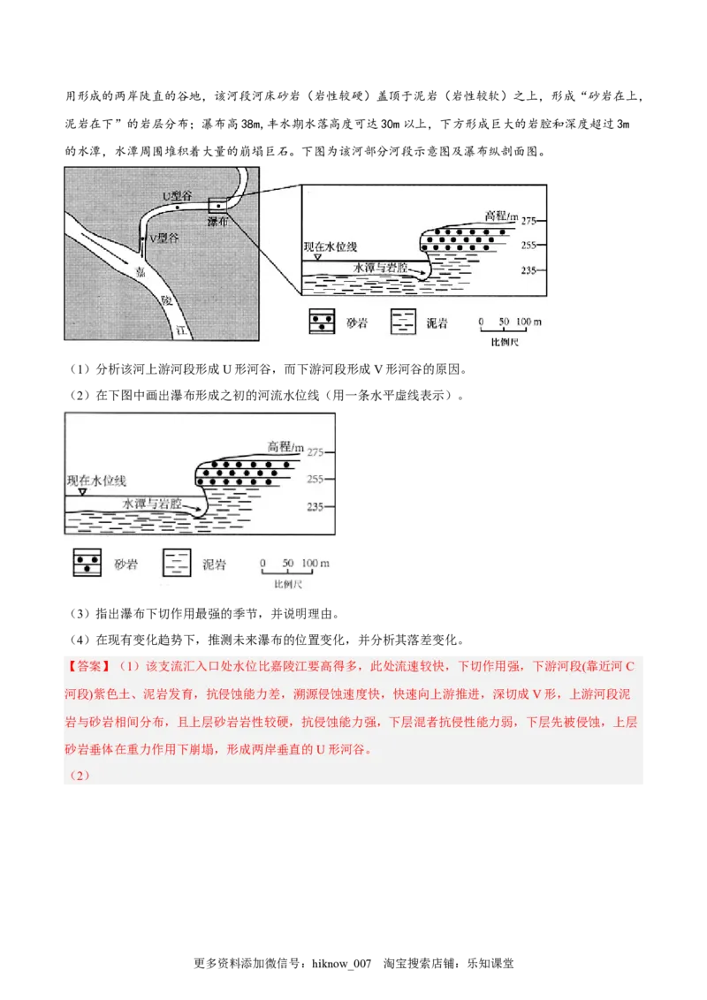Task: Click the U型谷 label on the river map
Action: pos(177,196)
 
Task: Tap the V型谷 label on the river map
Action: pos(164,238)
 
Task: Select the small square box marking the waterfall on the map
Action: pos(217,206)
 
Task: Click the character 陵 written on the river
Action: pos(166,299)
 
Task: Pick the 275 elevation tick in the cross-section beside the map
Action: pos(529,222)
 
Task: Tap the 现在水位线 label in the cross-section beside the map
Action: pos(330,246)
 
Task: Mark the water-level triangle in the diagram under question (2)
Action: pos(82,492)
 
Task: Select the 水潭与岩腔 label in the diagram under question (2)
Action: pos(152,504)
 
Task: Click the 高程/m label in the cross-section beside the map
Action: pos(502,216)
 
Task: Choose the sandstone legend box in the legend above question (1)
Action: pos(322,322)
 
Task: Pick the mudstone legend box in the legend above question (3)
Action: pos(177,563)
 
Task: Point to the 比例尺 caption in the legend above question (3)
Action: pos(288,584)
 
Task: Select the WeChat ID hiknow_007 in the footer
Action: pos(341,964)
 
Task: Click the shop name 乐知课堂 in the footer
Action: pos(490,964)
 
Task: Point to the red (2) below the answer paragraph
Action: pos(80,776)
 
